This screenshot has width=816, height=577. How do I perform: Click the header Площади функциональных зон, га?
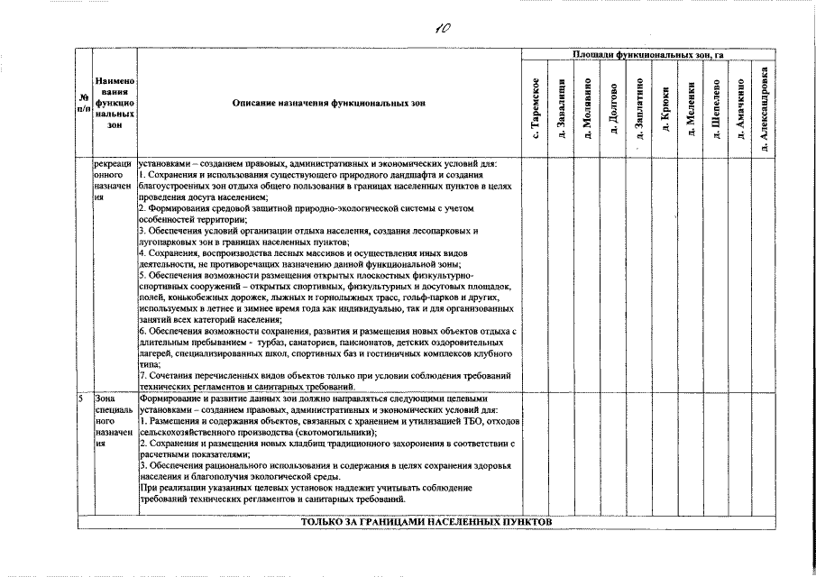649,56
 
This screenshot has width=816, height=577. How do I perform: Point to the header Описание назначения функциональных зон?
327,104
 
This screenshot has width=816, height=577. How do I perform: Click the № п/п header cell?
83,103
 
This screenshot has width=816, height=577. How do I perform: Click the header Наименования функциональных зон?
114,103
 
